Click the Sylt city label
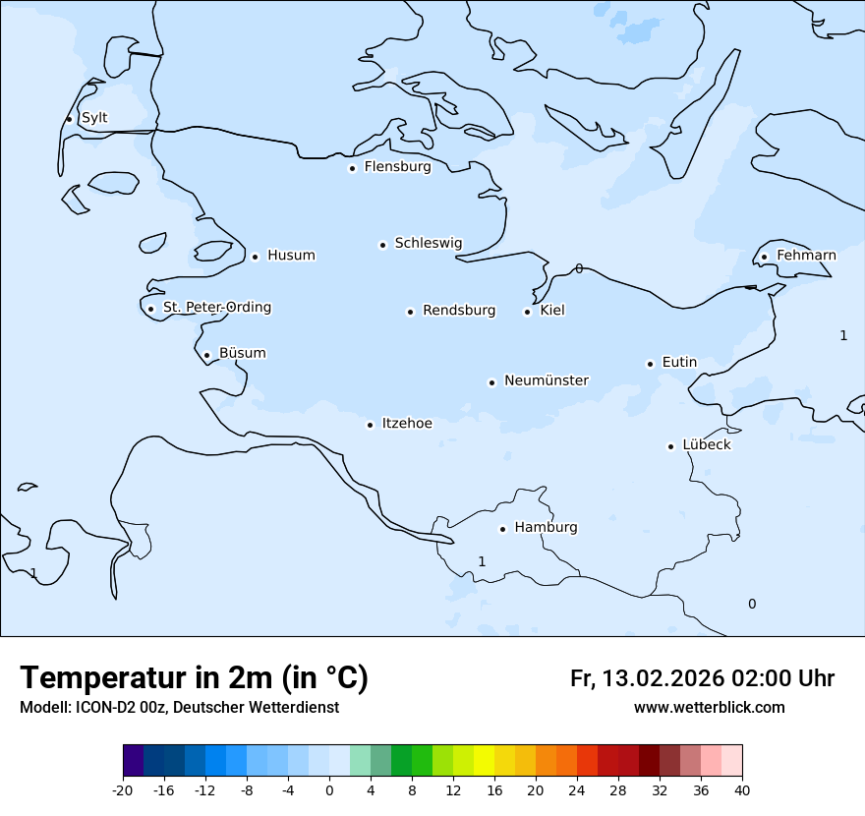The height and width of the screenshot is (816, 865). point(94,118)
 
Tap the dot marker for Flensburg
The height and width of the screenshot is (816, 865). point(352,168)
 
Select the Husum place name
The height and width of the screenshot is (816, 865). point(291,256)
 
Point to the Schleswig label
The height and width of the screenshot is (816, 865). point(428,243)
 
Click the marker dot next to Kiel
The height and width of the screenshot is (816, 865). point(527,312)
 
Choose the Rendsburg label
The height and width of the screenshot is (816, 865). point(459,311)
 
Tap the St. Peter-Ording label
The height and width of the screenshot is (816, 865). point(217,308)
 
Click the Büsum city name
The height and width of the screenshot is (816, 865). point(242,353)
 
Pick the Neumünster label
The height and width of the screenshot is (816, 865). point(547,380)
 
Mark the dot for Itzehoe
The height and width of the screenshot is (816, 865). point(370,425)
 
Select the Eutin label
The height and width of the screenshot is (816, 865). point(679,362)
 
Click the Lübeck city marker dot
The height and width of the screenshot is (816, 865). point(670,446)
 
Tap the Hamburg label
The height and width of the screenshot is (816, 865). point(546,527)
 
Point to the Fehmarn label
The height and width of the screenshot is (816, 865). point(806,256)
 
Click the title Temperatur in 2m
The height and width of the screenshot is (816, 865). point(194,678)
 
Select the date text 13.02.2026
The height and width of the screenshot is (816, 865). point(663,678)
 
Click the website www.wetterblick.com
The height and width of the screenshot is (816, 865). point(709,708)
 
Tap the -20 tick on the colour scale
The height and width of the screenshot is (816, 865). point(123,789)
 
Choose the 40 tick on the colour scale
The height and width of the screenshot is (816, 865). point(742,789)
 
